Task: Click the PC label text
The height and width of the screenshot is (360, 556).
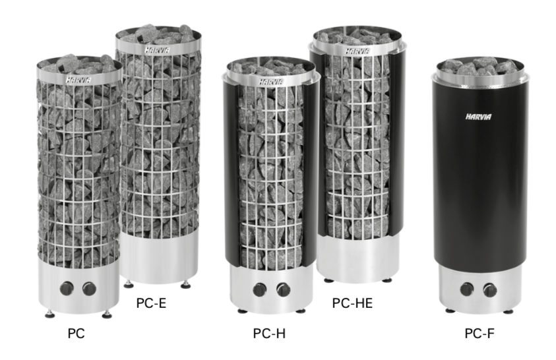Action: [77, 333]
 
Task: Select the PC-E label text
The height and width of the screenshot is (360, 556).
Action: [151, 303]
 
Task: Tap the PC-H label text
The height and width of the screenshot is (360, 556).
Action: [269, 334]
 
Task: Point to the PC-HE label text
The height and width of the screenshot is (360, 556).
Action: [352, 303]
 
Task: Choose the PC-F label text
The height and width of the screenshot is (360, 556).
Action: [479, 334]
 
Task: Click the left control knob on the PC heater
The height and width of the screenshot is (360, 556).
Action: [67, 288]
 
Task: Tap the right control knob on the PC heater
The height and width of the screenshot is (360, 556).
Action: [89, 289]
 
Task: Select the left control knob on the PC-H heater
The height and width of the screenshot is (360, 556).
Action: [260, 289]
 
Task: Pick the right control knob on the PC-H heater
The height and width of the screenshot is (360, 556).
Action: [283, 289]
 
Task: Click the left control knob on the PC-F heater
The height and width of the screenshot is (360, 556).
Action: [467, 289]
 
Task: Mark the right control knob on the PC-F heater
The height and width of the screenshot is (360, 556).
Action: [489, 289]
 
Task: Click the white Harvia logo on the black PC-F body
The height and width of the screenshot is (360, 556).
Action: [479, 117]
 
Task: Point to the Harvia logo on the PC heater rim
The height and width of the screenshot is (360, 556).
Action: [78, 80]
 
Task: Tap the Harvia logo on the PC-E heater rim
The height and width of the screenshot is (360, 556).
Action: [157, 50]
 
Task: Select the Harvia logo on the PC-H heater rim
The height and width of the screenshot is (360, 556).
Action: [271, 82]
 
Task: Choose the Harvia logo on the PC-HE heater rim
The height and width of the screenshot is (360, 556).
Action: [357, 51]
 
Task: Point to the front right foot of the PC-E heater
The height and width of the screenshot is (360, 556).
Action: [185, 285]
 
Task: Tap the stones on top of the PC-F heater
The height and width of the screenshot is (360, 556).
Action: [479, 67]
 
